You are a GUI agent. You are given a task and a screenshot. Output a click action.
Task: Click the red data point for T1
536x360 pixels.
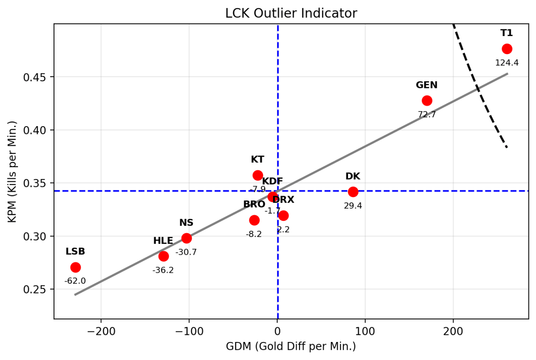pyautogui.click(x=507, y=49)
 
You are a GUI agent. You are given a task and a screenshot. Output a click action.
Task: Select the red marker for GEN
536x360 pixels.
pyautogui.click(x=427, y=101)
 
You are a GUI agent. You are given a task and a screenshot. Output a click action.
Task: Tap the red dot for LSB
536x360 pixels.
pyautogui.click(x=75, y=267)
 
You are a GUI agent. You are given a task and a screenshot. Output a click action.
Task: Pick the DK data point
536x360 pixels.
pyautogui.click(x=353, y=192)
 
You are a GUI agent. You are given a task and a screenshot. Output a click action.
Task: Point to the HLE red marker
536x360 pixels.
pyautogui.click(x=163, y=256)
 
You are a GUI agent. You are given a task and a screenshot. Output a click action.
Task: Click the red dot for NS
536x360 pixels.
pyautogui.click(x=186, y=238)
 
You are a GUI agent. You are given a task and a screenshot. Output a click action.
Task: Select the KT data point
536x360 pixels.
pyautogui.click(x=258, y=175)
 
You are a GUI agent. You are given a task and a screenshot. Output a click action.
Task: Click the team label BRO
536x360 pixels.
pyautogui.click(x=254, y=204)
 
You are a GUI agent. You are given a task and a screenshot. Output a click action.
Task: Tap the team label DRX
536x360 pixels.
pyautogui.click(x=283, y=200)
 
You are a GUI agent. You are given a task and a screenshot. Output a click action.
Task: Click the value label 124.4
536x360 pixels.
pyautogui.click(x=507, y=63)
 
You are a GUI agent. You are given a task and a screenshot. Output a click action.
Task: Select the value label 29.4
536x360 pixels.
pyautogui.click(x=353, y=206)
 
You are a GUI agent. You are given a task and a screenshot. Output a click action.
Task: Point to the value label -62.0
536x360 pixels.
pyautogui.click(x=75, y=281)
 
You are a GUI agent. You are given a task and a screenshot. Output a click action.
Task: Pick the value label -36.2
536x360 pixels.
pyautogui.click(x=163, y=270)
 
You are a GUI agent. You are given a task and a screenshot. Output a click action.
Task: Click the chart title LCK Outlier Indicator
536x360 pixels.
pyautogui.click(x=291, y=13)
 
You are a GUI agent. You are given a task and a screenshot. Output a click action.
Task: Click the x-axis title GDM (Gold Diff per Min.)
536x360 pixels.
pyautogui.click(x=291, y=347)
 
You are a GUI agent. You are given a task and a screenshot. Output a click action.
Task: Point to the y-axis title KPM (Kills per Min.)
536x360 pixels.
pyautogui.click(x=13, y=172)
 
